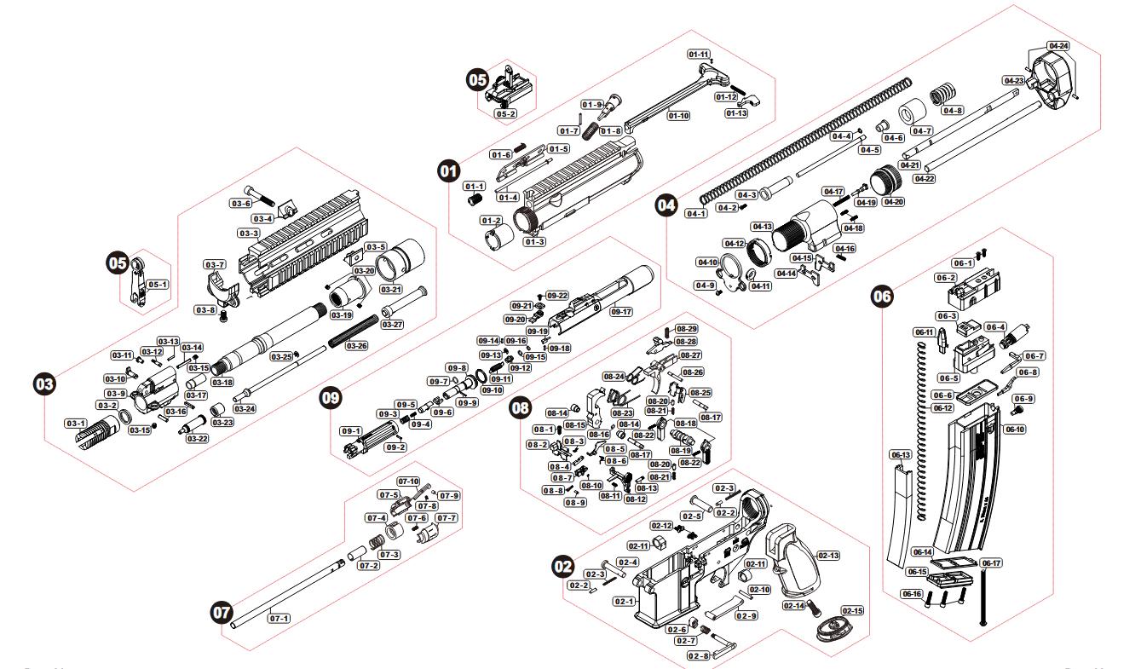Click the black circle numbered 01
point(447,171)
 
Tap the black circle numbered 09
point(330,396)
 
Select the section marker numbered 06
point(883,297)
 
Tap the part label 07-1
point(279,617)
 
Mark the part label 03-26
point(356,346)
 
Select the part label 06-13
point(902,455)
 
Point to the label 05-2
point(506,113)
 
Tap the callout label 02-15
point(852,611)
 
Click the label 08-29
point(687,329)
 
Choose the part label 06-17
point(991,562)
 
